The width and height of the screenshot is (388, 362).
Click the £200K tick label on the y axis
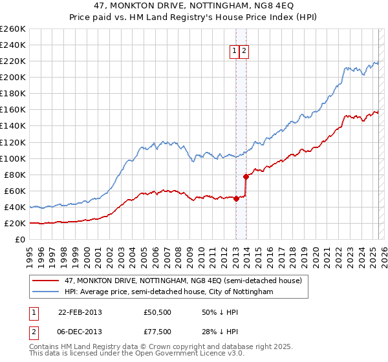[12, 77]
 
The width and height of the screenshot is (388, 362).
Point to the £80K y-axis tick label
[14, 175]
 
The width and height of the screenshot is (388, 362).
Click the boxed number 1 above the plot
[233, 52]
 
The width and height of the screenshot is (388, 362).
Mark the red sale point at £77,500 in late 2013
[246, 176]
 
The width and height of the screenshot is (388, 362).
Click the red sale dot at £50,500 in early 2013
[236, 198]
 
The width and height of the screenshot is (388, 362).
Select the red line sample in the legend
[46, 281]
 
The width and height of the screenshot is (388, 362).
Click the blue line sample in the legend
[46, 292]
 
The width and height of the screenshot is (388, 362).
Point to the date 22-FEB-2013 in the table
[80, 312]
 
